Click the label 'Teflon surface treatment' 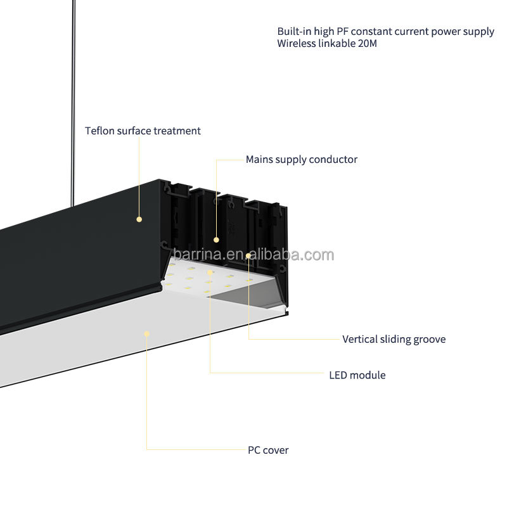point(143,131)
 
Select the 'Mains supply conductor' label point(302,160)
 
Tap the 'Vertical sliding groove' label point(394,339)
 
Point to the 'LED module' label point(357,375)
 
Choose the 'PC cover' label point(268,450)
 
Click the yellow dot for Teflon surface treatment point(139,219)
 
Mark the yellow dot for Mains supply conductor point(216,240)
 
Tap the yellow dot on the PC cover point(147,334)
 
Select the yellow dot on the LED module point(210,273)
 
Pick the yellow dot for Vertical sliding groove point(248,256)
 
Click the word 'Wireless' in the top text point(296,43)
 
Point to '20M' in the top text point(368,43)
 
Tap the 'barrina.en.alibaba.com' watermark point(253,255)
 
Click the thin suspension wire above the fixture point(73,103)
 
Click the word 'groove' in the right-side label point(430,340)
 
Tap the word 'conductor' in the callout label point(333,160)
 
